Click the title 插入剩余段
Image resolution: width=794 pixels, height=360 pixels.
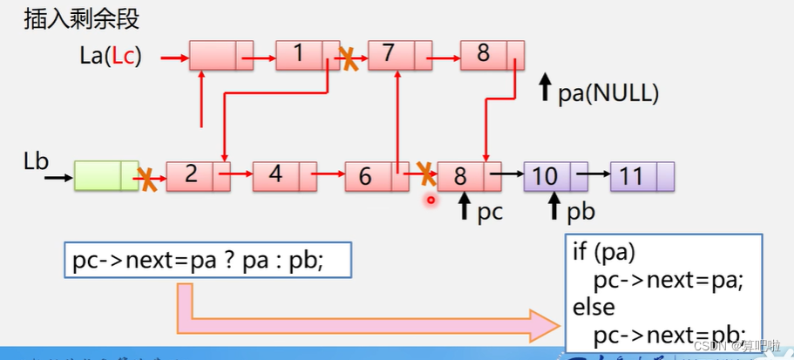tap(81, 18)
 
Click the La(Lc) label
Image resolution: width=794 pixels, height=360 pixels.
tap(110, 58)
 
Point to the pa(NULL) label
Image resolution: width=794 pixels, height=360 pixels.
tap(607, 92)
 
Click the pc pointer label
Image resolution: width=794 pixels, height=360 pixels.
tap(491, 211)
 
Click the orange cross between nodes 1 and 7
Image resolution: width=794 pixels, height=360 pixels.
tap(348, 58)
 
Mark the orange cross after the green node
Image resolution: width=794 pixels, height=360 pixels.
tap(149, 180)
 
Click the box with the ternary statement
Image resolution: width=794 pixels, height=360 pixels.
tap(207, 261)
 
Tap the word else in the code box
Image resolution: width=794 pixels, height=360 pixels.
tap(593, 307)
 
